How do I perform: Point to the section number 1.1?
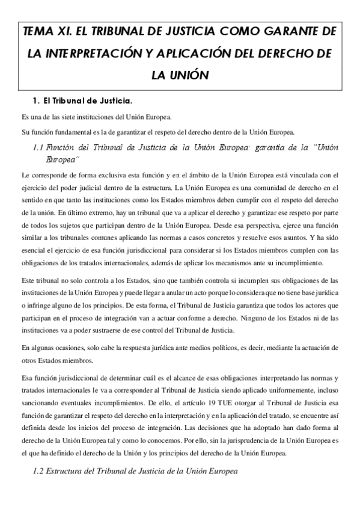pyautogui.click(x=38, y=147)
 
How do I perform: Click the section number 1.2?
pyautogui.click(x=38, y=471)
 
